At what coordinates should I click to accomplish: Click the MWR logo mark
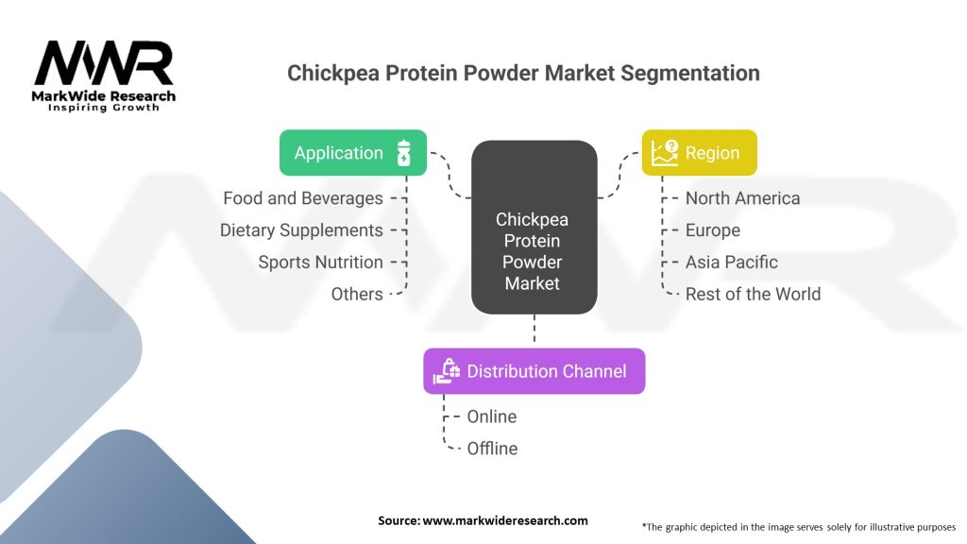click(x=104, y=63)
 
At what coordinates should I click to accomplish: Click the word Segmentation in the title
click(x=690, y=74)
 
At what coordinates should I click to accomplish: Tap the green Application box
click(x=353, y=152)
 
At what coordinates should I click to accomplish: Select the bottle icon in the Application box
click(x=403, y=153)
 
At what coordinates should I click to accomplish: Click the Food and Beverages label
click(x=303, y=198)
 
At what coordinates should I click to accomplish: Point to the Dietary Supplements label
click(x=301, y=230)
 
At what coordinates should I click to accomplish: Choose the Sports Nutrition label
click(x=321, y=263)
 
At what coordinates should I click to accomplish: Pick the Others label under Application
click(x=357, y=295)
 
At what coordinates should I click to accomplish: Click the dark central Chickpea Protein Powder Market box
click(x=534, y=227)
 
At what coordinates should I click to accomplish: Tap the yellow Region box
click(x=700, y=152)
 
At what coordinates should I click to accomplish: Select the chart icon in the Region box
click(x=665, y=153)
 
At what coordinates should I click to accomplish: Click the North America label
click(x=742, y=198)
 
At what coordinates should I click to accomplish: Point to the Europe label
click(x=713, y=230)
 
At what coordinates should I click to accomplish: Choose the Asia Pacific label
click(x=732, y=263)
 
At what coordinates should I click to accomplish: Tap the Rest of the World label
click(x=753, y=295)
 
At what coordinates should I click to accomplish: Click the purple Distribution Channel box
click(x=534, y=371)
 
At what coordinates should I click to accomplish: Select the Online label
click(x=491, y=416)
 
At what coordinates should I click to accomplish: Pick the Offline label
click(x=492, y=449)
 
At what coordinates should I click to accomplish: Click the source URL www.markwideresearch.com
click(x=505, y=520)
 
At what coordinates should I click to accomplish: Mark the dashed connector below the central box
click(x=534, y=328)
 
